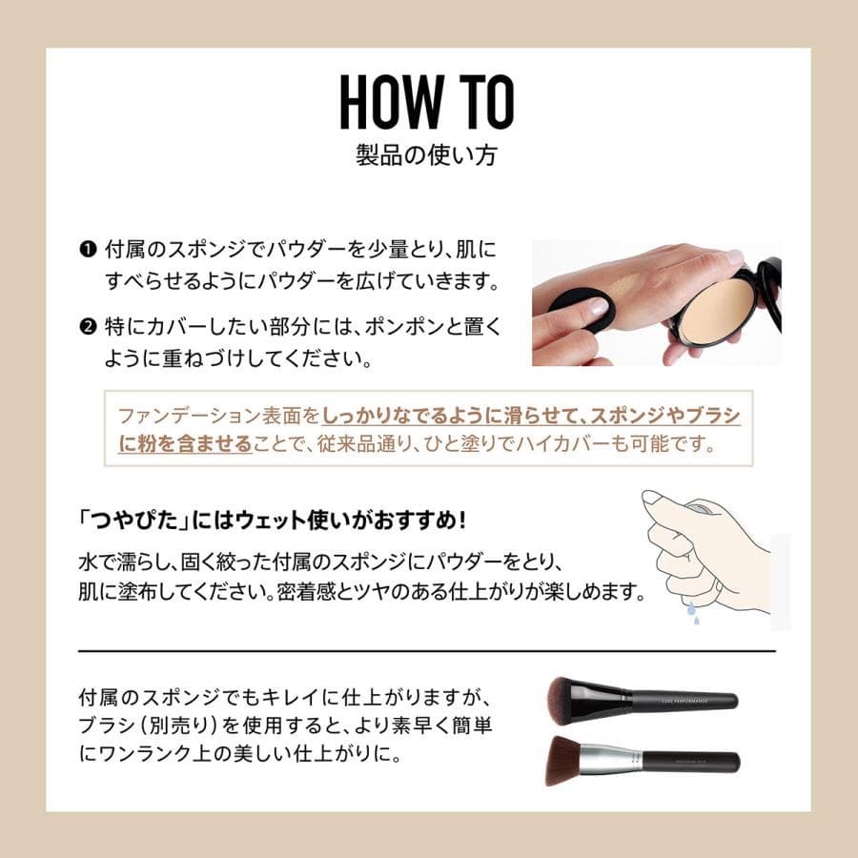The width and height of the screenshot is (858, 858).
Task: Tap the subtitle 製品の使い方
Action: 428,155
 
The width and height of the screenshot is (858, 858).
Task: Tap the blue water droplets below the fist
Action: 693,617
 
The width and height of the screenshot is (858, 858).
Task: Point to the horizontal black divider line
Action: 427,651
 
